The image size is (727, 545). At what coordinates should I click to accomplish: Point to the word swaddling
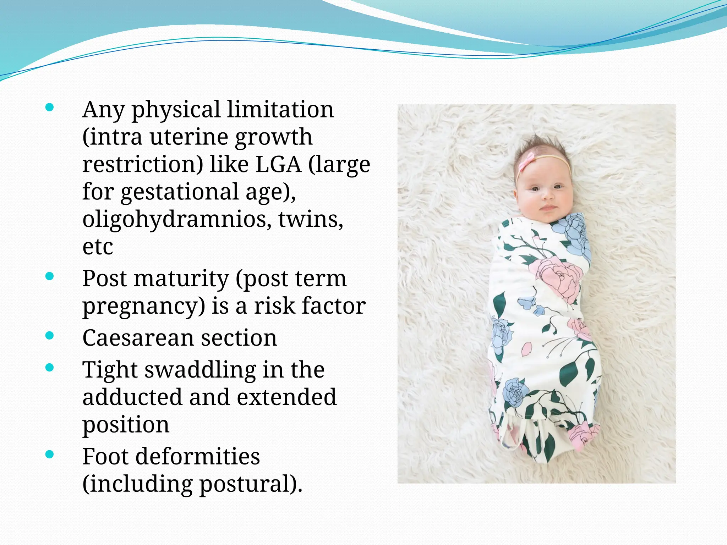[200, 370]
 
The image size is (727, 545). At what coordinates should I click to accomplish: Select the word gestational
[179, 192]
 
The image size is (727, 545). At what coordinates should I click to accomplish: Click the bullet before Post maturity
[50, 276]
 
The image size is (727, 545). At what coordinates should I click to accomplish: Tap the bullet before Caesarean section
[50, 335]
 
